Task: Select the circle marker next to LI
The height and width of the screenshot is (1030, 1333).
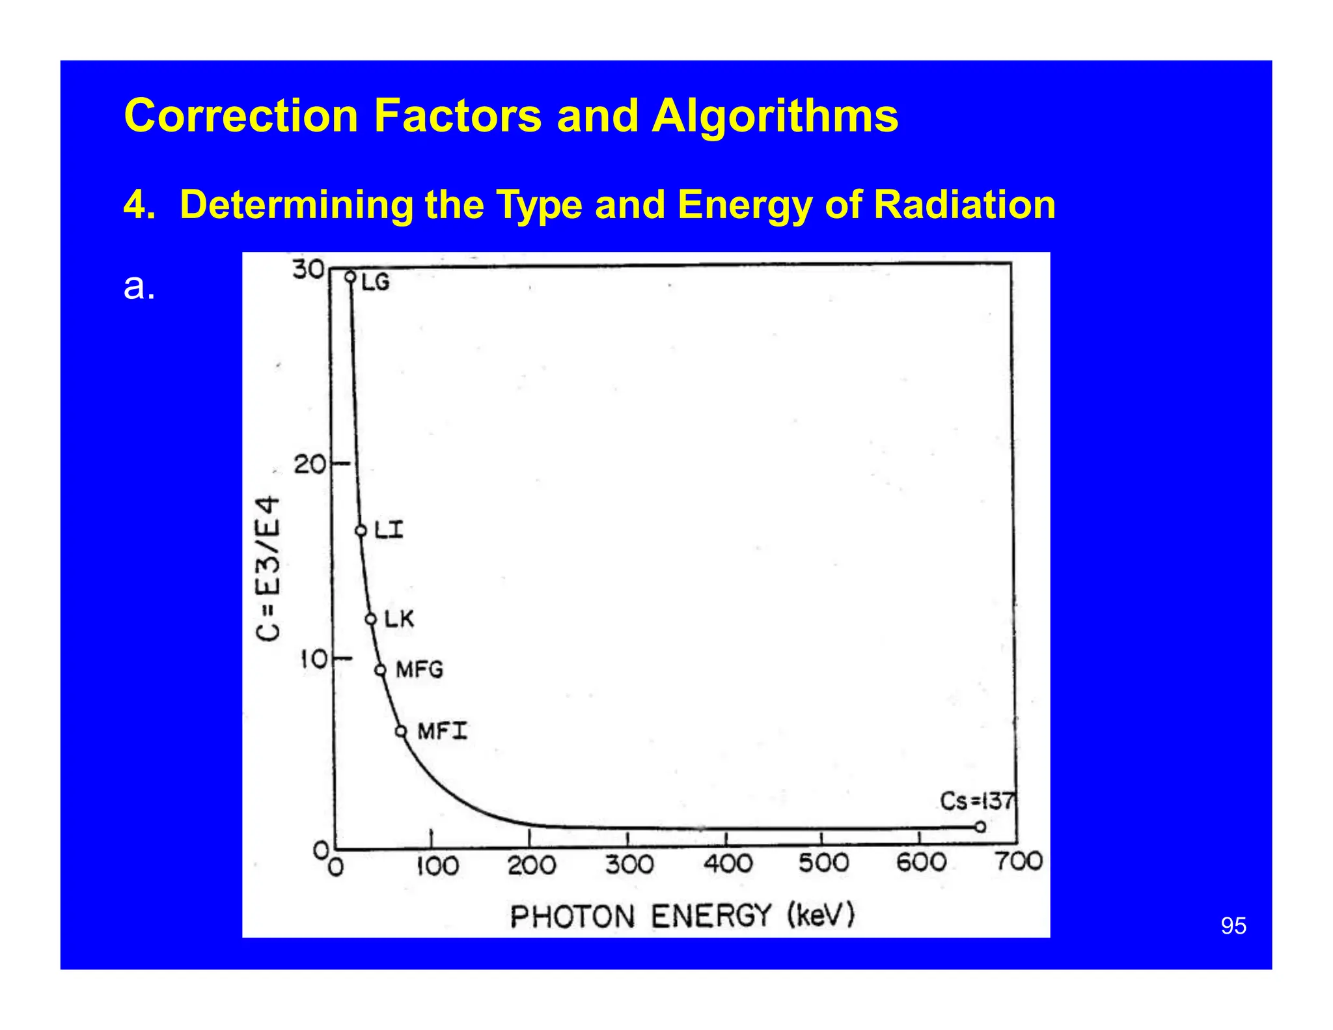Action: tap(361, 531)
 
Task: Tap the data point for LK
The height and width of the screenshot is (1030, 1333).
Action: tap(371, 619)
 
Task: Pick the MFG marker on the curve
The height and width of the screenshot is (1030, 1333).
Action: tap(380, 670)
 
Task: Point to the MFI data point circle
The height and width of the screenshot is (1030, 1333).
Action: tap(402, 731)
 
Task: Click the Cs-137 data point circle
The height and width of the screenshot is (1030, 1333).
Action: tap(980, 827)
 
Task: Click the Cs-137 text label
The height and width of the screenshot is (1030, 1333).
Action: tap(977, 801)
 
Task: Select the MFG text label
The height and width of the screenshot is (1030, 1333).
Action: tap(420, 669)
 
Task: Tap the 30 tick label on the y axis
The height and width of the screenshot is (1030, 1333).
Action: tap(308, 269)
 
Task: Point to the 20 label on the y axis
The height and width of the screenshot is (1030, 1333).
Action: tap(309, 465)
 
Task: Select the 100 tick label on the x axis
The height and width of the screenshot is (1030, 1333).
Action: tap(437, 866)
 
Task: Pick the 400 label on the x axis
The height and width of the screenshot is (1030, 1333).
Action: tap(728, 864)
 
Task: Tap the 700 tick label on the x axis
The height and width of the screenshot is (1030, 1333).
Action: tap(1019, 861)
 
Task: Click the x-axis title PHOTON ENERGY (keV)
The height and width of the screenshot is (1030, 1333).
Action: tap(681, 916)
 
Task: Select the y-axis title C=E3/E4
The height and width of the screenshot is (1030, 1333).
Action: tap(269, 568)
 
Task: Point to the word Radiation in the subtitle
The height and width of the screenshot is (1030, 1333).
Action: tap(965, 204)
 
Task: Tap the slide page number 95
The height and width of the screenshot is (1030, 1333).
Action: tap(1233, 926)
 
